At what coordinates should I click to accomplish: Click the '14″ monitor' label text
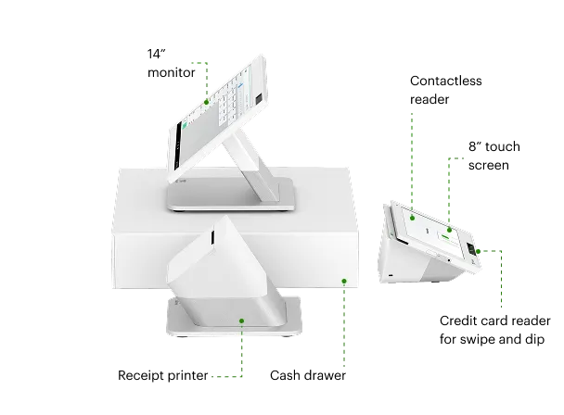click(x=172, y=63)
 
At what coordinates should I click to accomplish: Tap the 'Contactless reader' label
click(x=445, y=90)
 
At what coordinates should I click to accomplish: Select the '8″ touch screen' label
click(x=494, y=156)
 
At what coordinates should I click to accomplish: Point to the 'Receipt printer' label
click(x=163, y=375)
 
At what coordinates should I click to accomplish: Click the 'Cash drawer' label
click(x=308, y=375)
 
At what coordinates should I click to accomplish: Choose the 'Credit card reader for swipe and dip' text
click(x=495, y=330)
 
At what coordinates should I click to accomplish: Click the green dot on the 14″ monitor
click(x=207, y=103)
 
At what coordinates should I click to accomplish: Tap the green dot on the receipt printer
click(x=242, y=321)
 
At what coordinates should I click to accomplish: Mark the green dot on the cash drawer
click(x=344, y=281)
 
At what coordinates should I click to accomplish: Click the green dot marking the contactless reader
click(x=412, y=218)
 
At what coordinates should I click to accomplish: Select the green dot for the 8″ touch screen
click(x=449, y=230)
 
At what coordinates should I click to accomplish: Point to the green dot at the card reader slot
click(x=478, y=251)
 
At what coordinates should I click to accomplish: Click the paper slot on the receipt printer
click(x=212, y=237)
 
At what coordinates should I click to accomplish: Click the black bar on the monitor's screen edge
click(x=178, y=146)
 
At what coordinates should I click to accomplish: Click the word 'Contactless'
click(x=445, y=81)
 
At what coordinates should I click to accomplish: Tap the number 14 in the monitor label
click(x=154, y=54)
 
